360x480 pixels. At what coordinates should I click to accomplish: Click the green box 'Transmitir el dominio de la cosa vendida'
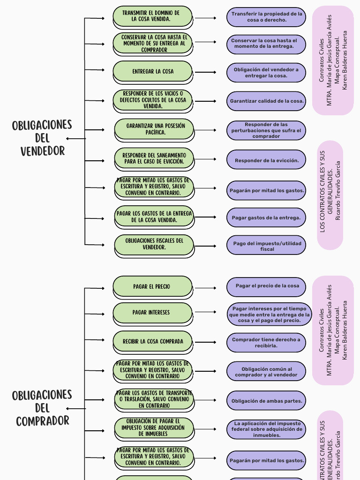tap(153, 16)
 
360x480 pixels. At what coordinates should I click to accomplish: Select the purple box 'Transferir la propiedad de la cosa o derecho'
tap(266, 17)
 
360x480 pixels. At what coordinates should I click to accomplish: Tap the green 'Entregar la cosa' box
tap(153, 71)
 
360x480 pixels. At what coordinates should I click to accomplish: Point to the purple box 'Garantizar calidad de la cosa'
tap(266, 101)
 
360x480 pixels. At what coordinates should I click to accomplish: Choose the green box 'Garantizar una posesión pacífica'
tap(154, 129)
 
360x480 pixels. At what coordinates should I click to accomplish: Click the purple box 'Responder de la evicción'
tap(266, 160)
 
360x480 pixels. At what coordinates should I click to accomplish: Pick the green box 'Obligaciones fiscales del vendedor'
tap(154, 244)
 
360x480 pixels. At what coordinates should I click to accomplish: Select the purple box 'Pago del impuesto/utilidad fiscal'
tap(266, 246)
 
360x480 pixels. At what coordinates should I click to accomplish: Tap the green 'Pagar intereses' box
tap(153, 313)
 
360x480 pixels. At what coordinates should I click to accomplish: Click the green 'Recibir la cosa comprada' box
tap(153, 342)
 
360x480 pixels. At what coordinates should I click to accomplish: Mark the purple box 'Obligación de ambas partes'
tap(266, 401)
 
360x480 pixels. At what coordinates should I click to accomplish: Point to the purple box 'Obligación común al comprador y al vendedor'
tap(266, 372)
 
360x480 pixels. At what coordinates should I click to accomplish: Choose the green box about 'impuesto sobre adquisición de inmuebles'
tap(153, 427)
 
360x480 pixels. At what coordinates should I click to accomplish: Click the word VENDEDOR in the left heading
tap(42, 151)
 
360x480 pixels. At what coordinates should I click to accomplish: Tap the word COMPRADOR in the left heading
tap(42, 421)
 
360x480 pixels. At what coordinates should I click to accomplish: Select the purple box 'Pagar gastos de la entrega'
tap(266, 217)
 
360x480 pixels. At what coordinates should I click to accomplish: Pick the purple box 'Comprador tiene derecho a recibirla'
tap(266, 342)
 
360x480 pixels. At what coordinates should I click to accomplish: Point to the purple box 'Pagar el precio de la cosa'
tap(266, 286)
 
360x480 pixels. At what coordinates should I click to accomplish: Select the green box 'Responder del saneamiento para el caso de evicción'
tap(154, 158)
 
